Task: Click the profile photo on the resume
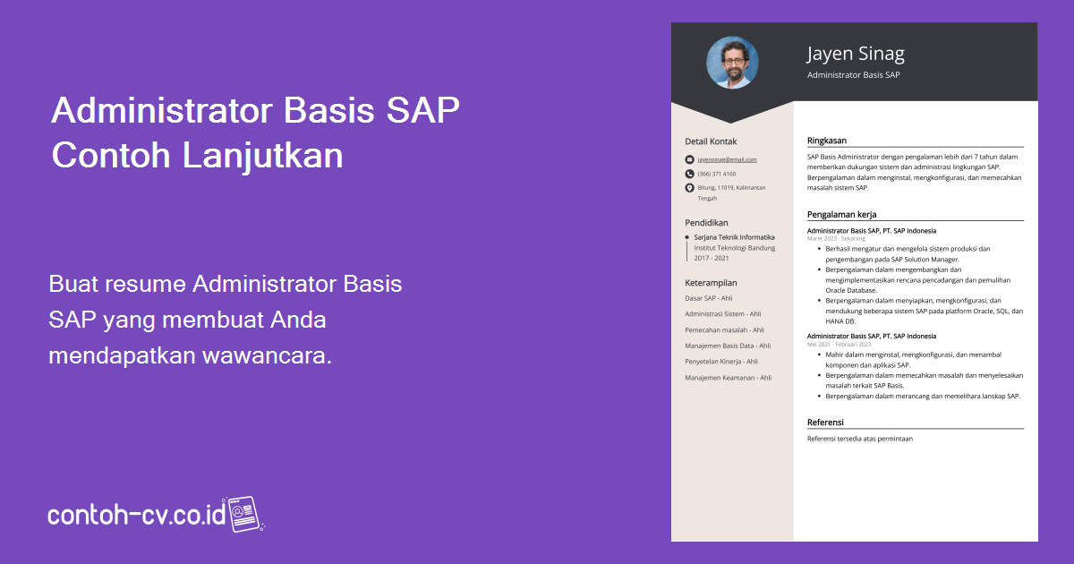732,63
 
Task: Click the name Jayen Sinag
856,54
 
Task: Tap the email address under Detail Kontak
727,159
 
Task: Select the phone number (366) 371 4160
716,174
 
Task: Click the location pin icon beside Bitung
689,188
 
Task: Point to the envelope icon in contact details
689,159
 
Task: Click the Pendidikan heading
706,222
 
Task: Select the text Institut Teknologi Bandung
734,247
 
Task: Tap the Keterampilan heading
711,282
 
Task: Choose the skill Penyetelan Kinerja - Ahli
720,362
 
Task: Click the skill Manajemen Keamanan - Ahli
728,378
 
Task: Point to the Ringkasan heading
826,141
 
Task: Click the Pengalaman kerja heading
841,215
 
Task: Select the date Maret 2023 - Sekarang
836,239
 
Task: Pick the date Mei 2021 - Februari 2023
839,345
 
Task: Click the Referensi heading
825,423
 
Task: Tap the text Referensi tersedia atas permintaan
859,439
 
